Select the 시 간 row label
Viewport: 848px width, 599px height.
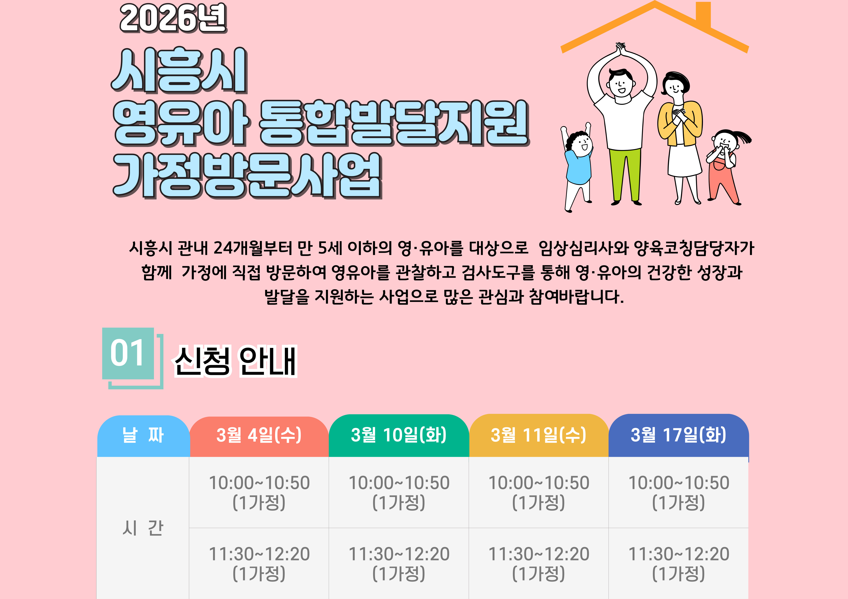click(x=143, y=528)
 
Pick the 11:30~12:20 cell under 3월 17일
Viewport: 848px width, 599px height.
click(x=678, y=563)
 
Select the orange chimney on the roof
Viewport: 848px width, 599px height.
click(x=703, y=15)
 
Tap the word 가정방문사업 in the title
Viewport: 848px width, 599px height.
click(x=247, y=176)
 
